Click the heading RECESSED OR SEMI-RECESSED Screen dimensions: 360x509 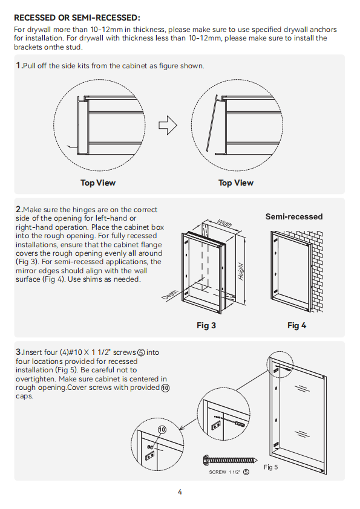pyautogui.click(x=77, y=18)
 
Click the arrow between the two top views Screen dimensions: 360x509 pyautogui.click(x=168, y=125)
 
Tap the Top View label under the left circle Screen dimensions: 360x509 pyautogui.click(x=98, y=183)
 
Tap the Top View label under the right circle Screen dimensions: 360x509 pyautogui.click(x=236, y=183)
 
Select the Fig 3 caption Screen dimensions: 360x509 pyautogui.click(x=206, y=325)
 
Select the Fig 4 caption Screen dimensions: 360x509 pyautogui.click(x=296, y=325)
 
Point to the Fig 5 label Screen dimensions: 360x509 pyautogui.click(x=270, y=467)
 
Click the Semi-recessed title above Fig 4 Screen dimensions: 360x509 pyautogui.click(x=294, y=216)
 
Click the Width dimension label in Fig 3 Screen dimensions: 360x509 pyautogui.click(x=224, y=224)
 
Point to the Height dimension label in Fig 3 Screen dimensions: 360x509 pyautogui.click(x=241, y=271)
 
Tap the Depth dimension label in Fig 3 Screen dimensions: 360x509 pyautogui.click(x=170, y=295)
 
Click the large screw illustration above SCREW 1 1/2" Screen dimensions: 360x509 pyautogui.click(x=230, y=460)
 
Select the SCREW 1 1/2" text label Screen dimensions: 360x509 pyautogui.click(x=224, y=472)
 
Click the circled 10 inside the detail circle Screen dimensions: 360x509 pyautogui.click(x=162, y=430)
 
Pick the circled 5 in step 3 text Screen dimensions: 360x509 pyautogui.click(x=141, y=352)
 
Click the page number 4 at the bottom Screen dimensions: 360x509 pyautogui.click(x=180, y=492)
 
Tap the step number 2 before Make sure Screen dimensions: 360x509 pyautogui.click(x=19, y=209)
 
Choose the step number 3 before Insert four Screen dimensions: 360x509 pyautogui.click(x=19, y=352)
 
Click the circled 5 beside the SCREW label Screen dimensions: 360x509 pyautogui.click(x=246, y=472)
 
